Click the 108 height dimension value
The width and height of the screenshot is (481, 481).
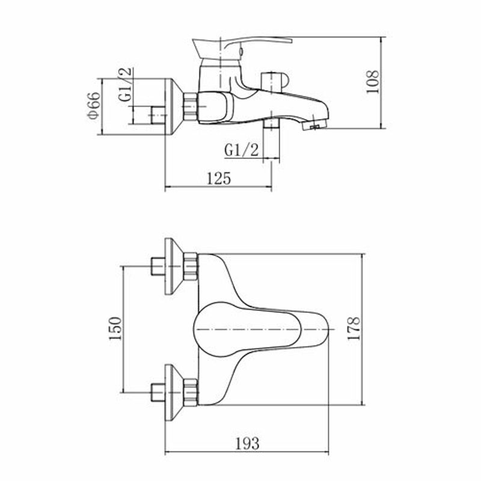point(373,82)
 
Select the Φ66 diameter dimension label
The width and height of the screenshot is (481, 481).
point(94,106)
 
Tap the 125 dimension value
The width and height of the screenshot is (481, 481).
point(219,179)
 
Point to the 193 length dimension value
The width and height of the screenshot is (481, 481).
point(247,443)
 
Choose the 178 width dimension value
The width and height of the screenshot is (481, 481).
point(354,328)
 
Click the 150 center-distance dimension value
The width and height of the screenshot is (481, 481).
point(115,328)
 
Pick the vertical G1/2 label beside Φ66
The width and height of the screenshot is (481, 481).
point(126,84)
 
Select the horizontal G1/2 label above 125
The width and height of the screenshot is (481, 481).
point(242,151)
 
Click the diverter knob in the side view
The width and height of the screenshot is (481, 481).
point(275,81)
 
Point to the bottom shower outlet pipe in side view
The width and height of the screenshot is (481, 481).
point(271,124)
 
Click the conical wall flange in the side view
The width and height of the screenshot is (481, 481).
point(174,106)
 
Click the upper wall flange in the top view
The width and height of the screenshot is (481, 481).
point(174,266)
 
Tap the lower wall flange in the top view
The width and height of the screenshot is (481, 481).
point(174,393)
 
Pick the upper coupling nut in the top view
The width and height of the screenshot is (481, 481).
point(190,266)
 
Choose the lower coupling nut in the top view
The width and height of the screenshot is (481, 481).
point(190,393)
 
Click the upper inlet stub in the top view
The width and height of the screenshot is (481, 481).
point(158,266)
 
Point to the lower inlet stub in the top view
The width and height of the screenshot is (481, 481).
point(158,393)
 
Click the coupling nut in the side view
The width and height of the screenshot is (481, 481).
point(190,106)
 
